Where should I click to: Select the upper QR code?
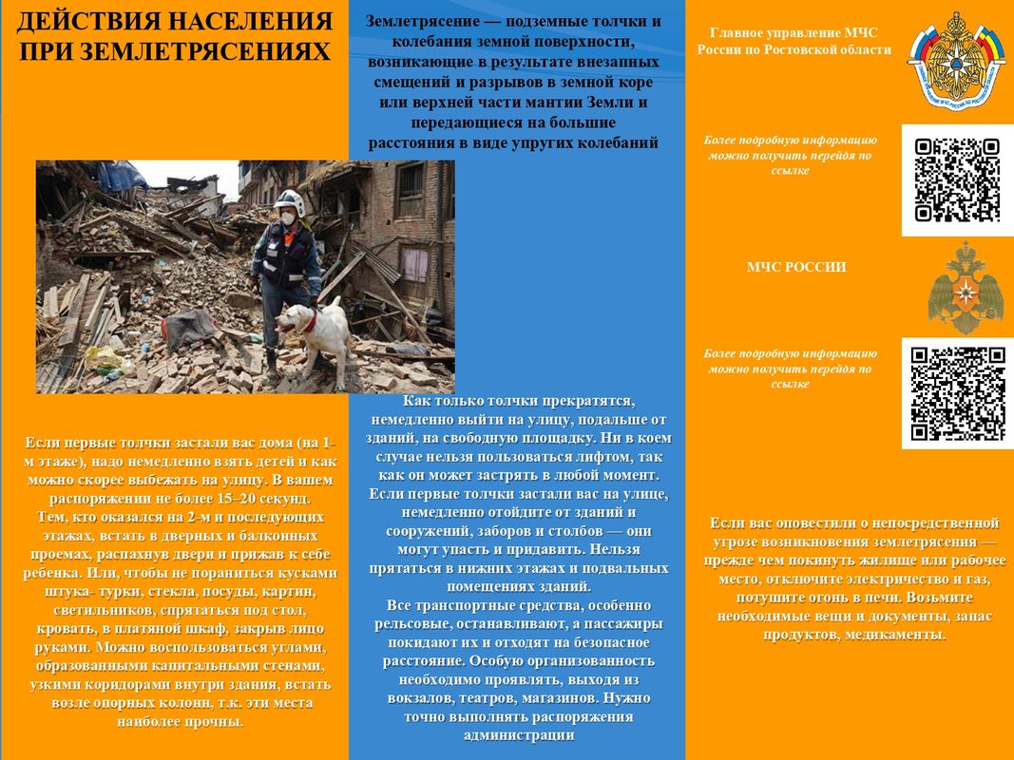(x=957, y=180)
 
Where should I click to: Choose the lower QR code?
(x=957, y=393)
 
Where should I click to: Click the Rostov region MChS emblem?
(x=957, y=57)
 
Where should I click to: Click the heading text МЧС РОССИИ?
(x=796, y=267)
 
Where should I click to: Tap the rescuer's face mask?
(x=284, y=217)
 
